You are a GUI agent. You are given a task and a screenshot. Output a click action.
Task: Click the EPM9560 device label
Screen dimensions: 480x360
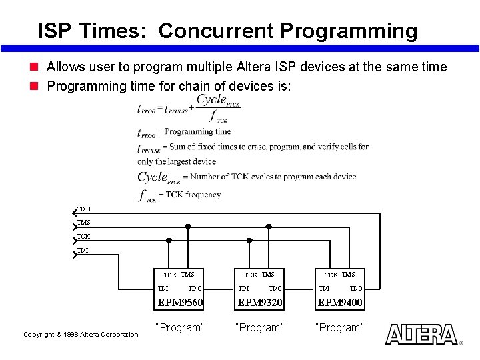tap(179, 303)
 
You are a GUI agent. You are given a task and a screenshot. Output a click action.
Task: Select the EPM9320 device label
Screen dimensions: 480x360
tap(260, 303)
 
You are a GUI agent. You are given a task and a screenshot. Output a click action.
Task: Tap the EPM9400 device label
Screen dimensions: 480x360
tap(340, 303)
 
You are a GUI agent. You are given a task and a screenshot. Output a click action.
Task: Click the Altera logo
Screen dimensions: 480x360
tap(421, 335)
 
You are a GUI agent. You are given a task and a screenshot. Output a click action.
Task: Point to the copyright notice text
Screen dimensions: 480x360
tap(81, 334)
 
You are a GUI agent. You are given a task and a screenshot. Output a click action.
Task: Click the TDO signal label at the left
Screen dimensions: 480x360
tap(83, 209)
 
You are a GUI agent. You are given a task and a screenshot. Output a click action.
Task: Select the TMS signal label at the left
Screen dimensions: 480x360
tap(83, 223)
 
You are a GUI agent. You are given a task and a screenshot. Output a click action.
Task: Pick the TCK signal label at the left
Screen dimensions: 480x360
tap(83, 237)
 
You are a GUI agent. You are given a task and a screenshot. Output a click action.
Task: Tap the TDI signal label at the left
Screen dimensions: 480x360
tap(82, 251)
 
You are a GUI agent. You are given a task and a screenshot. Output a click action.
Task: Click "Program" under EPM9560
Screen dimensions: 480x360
tap(179, 328)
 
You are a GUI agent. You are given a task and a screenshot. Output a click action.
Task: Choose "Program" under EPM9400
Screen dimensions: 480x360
tap(341, 328)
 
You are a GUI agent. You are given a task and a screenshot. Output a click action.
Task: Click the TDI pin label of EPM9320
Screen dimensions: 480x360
tap(243, 289)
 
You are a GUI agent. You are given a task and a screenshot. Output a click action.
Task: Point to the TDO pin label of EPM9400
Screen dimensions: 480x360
tap(356, 289)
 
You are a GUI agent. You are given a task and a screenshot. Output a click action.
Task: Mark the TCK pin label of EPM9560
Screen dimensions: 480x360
tap(170, 275)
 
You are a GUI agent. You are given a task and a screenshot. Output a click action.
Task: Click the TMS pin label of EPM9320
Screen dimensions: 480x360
tap(268, 275)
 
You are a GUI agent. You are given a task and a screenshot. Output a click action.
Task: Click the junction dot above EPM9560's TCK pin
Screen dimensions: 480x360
tap(169, 240)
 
